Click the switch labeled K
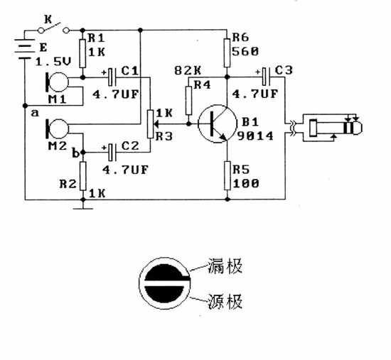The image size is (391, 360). click(x=53, y=28)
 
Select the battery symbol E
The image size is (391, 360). click(x=25, y=49)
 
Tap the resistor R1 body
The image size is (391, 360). click(x=82, y=53)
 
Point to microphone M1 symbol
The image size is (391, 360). click(x=57, y=82)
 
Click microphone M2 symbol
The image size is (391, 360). click(x=57, y=129)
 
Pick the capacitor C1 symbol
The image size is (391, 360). click(x=112, y=77)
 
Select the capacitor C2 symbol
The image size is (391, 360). click(x=112, y=152)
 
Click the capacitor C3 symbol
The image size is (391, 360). click(x=266, y=77)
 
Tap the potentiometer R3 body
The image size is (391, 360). click(x=150, y=124)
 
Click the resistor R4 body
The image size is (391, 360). click(x=189, y=101)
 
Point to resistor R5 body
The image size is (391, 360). click(x=227, y=175)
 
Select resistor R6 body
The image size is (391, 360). click(x=227, y=53)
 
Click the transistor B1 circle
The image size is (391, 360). click(x=218, y=124)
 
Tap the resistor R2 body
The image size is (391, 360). click(x=82, y=176)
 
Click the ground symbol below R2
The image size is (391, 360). click(x=83, y=208)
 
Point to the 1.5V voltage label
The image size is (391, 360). click(x=53, y=62)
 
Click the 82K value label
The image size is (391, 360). click(x=188, y=71)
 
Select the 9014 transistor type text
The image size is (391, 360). click(x=255, y=136)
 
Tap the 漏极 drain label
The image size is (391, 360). click(x=225, y=266)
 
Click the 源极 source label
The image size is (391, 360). click(x=225, y=302)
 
